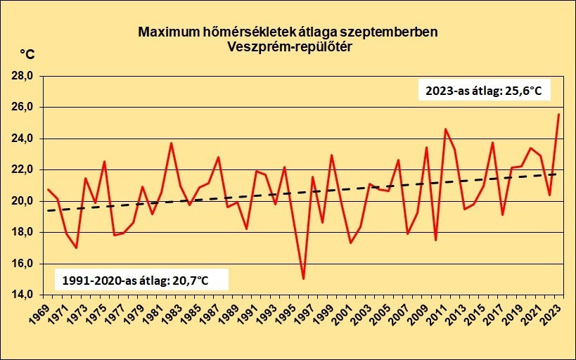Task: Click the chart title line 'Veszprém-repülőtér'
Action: click(288, 47)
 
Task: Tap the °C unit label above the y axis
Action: click(27, 55)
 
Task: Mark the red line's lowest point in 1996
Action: click(303, 279)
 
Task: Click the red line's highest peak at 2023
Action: click(559, 115)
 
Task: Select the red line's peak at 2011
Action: click(445, 129)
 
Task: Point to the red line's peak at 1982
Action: click(171, 143)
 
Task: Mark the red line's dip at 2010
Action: click(436, 240)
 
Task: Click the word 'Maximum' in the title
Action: click(167, 32)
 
